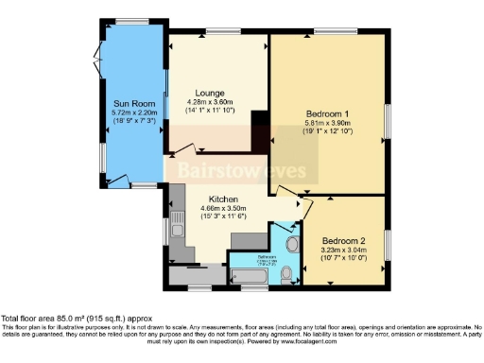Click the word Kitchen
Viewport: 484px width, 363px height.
click(222, 199)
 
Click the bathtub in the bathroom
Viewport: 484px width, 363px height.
click(252, 277)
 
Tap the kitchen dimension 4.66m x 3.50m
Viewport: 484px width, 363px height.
click(222, 209)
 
